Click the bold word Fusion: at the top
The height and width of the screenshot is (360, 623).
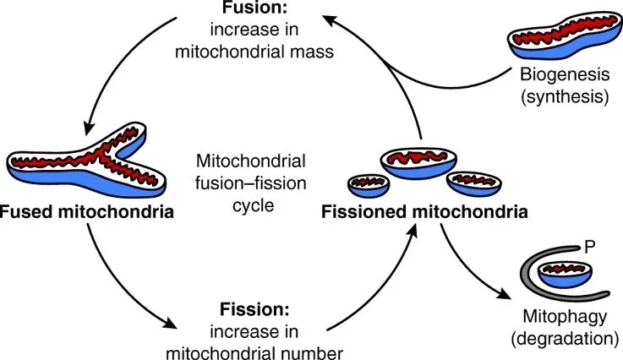[x=254, y=8]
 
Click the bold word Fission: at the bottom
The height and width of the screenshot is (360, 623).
[x=254, y=309]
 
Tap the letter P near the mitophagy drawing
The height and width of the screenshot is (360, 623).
[x=590, y=247]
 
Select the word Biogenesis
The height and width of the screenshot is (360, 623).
[x=565, y=74]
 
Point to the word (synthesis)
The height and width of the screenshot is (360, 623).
[x=565, y=96]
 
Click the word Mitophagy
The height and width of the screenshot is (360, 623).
[x=565, y=317]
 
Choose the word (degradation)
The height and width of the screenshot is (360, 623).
[x=565, y=339]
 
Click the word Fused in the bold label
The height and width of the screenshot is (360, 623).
[x=26, y=212]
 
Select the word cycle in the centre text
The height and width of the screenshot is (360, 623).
[x=253, y=206]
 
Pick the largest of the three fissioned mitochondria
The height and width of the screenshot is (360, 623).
[x=418, y=163]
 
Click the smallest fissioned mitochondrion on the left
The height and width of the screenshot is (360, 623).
[x=369, y=186]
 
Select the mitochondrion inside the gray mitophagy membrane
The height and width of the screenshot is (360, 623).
[x=565, y=274]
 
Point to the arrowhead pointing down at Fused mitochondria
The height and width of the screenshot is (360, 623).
[x=90, y=128]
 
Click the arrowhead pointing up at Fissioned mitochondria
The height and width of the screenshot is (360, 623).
[x=413, y=231]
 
